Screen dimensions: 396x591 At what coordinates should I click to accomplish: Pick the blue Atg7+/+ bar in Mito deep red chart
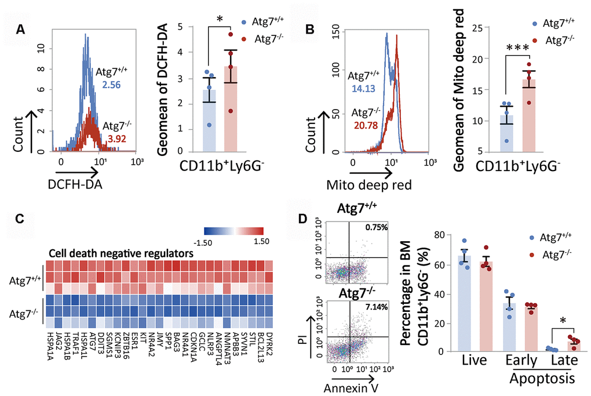(x=508, y=137)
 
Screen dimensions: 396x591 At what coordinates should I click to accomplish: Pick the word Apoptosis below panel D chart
(x=543, y=379)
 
